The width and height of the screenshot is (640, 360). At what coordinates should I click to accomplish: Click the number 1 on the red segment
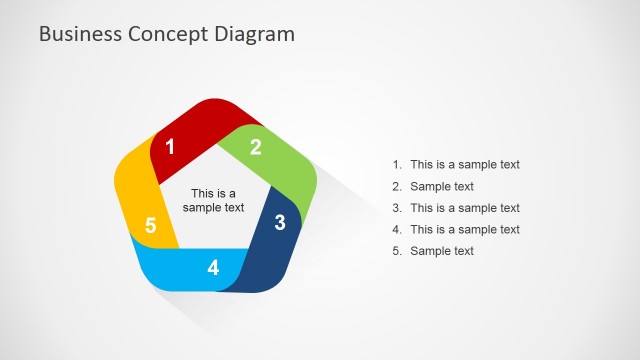(x=170, y=147)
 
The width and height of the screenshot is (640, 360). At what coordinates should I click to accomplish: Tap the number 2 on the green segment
(x=256, y=147)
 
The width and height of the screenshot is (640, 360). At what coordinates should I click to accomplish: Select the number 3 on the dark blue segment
(x=281, y=222)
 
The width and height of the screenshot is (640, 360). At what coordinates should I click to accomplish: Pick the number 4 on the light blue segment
(x=213, y=268)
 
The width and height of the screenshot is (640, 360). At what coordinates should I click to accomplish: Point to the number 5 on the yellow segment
(x=150, y=225)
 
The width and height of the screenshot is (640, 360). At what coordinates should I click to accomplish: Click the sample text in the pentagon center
(x=213, y=201)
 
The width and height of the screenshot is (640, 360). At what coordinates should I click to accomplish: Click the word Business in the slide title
(x=80, y=33)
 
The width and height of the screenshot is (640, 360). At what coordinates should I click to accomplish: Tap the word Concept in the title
(x=170, y=33)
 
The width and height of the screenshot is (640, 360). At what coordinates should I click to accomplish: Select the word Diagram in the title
(x=255, y=33)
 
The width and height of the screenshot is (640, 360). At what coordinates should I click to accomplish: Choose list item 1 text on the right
(x=465, y=165)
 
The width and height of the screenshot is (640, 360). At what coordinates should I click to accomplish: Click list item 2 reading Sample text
(x=442, y=187)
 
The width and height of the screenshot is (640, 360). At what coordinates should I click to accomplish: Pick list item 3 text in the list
(x=465, y=208)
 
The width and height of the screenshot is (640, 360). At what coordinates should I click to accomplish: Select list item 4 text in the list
(x=465, y=230)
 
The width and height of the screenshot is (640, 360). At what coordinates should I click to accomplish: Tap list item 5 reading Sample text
(x=442, y=251)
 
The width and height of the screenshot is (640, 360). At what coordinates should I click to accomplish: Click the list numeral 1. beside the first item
(x=397, y=165)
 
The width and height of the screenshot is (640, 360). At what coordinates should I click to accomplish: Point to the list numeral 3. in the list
(x=397, y=208)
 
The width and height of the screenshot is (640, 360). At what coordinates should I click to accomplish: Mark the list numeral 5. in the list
(x=397, y=251)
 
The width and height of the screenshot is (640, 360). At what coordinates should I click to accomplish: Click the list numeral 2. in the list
(x=397, y=187)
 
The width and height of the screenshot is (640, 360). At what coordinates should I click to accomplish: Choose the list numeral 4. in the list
(x=397, y=230)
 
